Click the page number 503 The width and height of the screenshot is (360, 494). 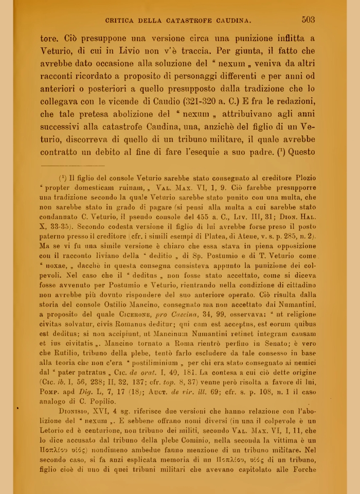[x=308, y=20]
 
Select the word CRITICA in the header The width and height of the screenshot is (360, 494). [x=122, y=21]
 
